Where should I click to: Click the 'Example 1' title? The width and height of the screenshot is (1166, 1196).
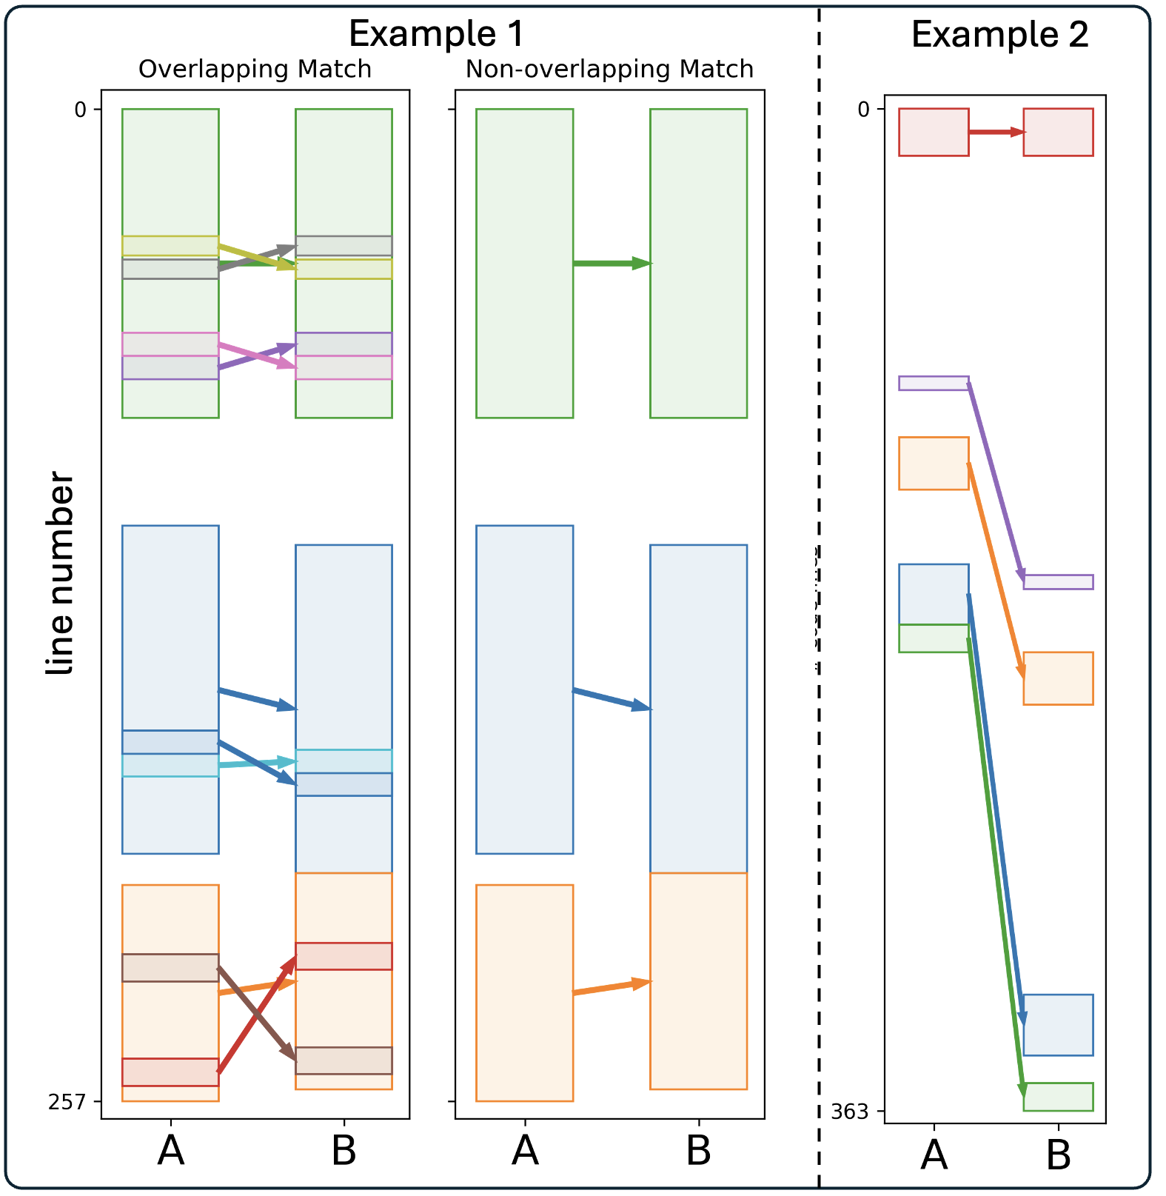click(436, 34)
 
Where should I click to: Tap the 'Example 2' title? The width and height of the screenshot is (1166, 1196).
click(999, 35)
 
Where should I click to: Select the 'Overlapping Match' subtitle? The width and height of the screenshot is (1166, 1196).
click(255, 69)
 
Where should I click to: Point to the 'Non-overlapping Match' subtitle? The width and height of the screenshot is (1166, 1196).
click(609, 69)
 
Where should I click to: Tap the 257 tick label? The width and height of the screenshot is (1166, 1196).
click(67, 1102)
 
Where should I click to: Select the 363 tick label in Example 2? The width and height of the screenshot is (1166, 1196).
click(849, 1112)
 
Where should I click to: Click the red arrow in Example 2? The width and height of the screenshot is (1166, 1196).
click(996, 132)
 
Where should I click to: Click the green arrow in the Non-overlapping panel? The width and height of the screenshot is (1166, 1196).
click(611, 263)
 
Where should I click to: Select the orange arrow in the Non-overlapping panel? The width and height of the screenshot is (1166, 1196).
click(611, 987)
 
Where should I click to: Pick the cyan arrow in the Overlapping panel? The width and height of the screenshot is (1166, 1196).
click(255, 764)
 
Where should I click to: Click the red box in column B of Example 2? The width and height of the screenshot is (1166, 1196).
click(1058, 132)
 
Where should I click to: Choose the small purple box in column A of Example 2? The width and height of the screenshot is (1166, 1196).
click(934, 383)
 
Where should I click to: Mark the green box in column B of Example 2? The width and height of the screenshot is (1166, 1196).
click(1058, 1097)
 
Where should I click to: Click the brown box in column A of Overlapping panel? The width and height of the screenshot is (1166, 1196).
click(170, 968)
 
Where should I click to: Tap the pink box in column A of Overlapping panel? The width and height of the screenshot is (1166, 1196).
click(170, 344)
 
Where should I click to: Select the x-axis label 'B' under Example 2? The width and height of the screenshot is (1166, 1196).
click(1058, 1155)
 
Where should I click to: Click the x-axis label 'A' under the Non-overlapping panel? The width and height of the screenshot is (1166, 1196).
click(525, 1151)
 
